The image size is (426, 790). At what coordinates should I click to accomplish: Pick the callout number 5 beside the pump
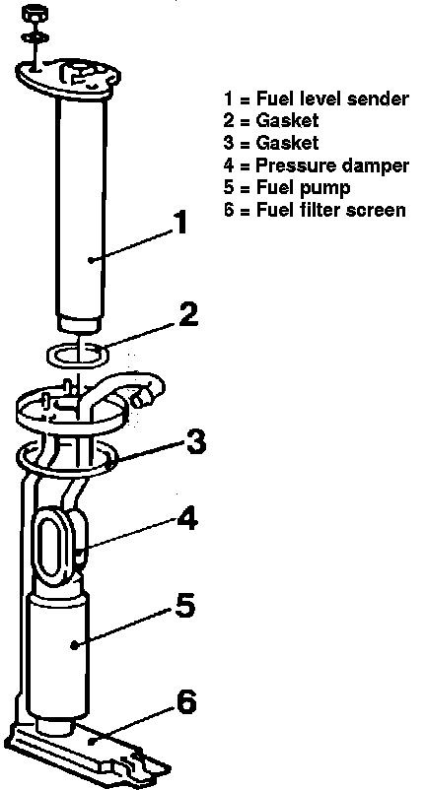[x=184, y=605]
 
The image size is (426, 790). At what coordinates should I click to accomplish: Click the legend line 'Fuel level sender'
[x=316, y=99]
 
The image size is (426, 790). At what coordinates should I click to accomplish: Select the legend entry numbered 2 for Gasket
[x=271, y=121]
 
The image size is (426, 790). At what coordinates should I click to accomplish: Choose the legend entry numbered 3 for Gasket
[x=271, y=143]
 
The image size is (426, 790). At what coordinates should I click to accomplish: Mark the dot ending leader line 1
[x=91, y=260]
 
